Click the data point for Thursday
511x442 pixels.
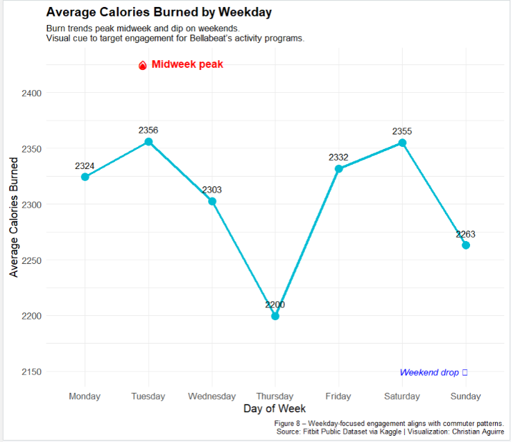click(275, 316)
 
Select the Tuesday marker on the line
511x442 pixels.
click(148, 142)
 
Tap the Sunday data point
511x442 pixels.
click(466, 245)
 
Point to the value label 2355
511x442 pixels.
click(402, 132)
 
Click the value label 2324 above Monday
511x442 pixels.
click(85, 166)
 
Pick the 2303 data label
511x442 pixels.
click(211, 190)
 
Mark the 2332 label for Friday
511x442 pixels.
click(338, 157)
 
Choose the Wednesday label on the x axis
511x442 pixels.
click(211, 396)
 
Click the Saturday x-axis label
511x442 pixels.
click(402, 396)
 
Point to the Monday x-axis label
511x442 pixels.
click(85, 396)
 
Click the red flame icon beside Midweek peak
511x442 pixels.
click(143, 66)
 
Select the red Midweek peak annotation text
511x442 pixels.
click(187, 64)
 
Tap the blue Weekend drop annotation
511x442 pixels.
click(429, 373)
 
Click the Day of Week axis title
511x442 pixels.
click(275, 409)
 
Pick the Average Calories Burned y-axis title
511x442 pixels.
click(14, 217)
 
